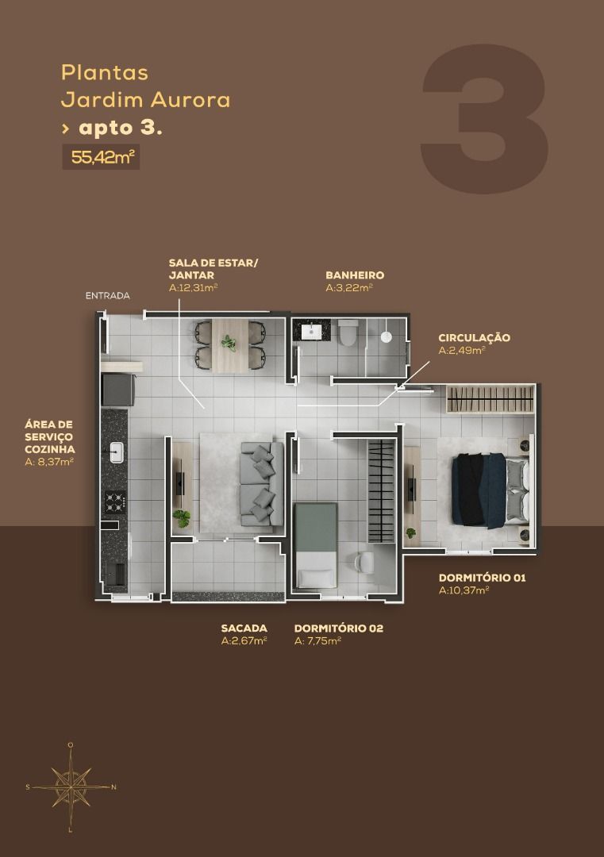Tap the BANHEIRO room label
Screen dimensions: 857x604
(x=354, y=275)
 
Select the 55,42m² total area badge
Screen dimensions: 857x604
(x=101, y=157)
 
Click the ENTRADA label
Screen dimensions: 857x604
(x=107, y=296)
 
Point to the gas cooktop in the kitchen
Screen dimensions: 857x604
(x=115, y=501)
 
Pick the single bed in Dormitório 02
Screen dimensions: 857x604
(x=316, y=546)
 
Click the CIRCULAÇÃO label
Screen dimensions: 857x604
(x=474, y=338)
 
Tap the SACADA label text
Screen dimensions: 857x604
(x=244, y=628)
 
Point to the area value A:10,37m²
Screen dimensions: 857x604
(x=464, y=590)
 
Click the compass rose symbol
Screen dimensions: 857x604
(x=71, y=786)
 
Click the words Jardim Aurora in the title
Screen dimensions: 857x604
(x=145, y=101)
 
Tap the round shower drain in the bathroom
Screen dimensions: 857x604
(x=387, y=336)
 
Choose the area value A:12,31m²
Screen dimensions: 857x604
(x=193, y=288)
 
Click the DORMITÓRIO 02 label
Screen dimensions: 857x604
(x=338, y=628)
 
